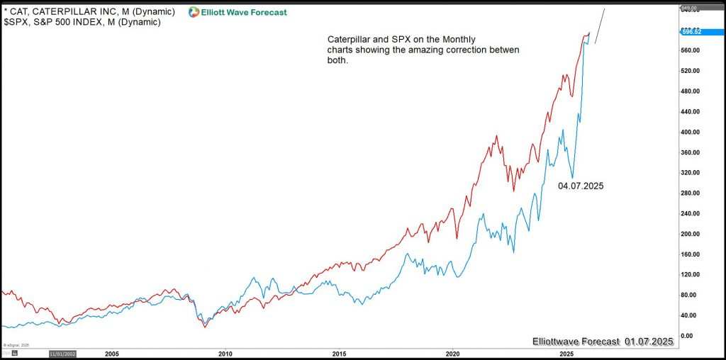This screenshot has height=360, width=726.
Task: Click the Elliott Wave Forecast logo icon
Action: [194, 12]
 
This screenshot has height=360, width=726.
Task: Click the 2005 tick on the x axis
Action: [111, 352]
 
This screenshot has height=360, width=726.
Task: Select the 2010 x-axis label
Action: [225, 352]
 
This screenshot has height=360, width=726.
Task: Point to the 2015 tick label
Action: [339, 352]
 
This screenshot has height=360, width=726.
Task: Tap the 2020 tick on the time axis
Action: [453, 352]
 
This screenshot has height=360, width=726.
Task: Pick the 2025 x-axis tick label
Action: [566, 352]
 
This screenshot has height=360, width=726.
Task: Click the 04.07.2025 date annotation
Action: [581, 186]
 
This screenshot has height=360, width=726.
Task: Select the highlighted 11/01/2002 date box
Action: [62, 352]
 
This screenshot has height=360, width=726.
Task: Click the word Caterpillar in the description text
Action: [351, 39]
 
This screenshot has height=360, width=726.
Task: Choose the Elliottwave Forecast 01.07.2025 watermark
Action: [602, 342]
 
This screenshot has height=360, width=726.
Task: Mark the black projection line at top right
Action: [599, 26]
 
